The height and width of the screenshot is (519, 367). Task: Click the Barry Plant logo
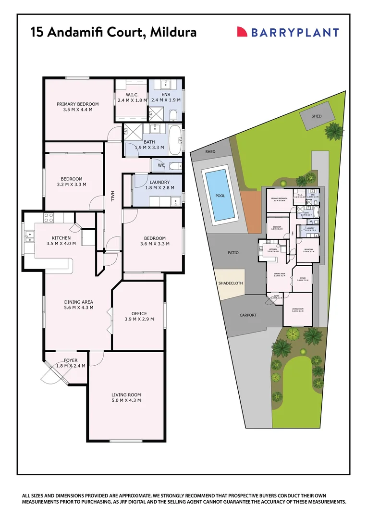coord(288,32)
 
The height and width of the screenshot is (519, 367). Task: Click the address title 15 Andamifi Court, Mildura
coord(113,32)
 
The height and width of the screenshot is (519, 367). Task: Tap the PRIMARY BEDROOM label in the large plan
coord(78,104)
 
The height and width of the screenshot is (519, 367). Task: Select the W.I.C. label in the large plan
coord(132,95)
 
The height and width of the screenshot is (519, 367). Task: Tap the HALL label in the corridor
coord(112,196)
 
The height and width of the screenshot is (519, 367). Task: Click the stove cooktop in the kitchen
coord(49,217)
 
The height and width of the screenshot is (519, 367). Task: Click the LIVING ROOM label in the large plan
coord(126,395)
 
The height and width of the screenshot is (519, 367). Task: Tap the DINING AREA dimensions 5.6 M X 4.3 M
coord(79,308)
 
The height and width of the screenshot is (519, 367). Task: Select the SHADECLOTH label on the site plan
coord(231,283)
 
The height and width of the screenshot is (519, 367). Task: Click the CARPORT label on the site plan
coord(248,315)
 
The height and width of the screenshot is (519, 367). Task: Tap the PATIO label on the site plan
coord(233,253)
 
